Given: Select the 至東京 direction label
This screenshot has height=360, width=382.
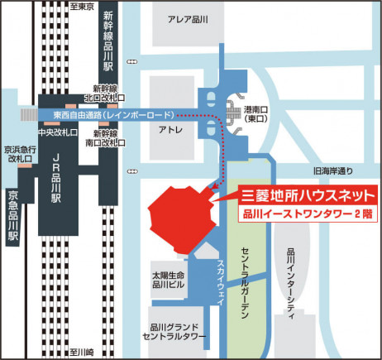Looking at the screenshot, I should pos(84,7).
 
